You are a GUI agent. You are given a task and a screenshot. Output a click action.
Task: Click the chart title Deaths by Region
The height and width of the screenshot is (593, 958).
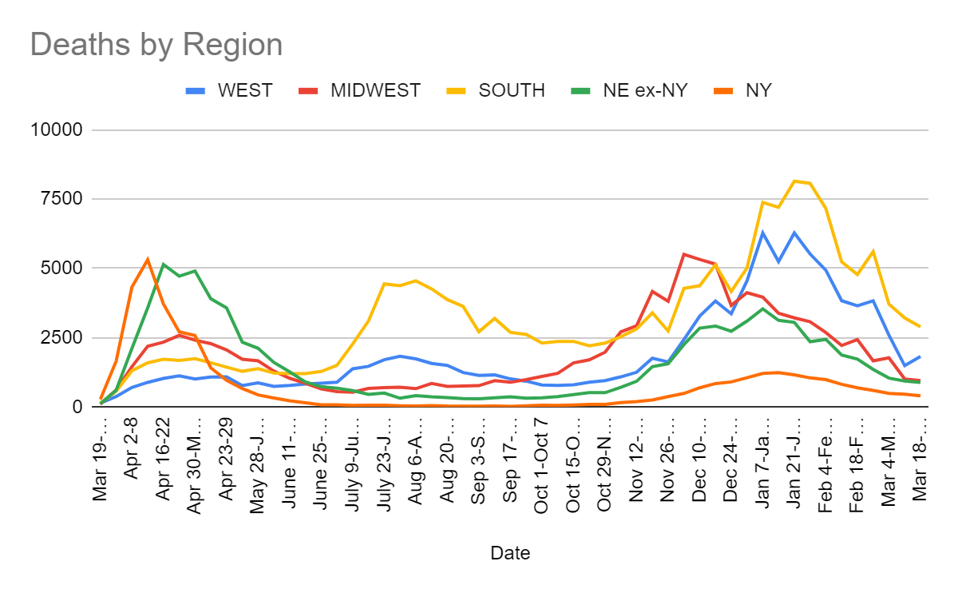pyautogui.click(x=156, y=44)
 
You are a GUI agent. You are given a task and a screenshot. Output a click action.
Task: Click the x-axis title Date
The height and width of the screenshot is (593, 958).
pyautogui.click(x=509, y=552)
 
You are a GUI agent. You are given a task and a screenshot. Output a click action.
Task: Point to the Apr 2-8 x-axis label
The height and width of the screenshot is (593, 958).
pyautogui.click(x=132, y=456)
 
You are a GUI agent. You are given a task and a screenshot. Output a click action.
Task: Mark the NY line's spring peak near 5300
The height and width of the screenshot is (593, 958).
pyautogui.click(x=148, y=259)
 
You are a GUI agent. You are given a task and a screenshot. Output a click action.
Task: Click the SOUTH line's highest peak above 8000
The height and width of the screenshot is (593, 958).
pyautogui.click(x=794, y=181)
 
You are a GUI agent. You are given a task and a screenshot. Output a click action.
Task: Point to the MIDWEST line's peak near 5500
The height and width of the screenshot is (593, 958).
pyautogui.click(x=684, y=254)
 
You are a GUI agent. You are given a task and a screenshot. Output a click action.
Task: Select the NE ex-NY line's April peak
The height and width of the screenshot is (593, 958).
pyautogui.click(x=164, y=265)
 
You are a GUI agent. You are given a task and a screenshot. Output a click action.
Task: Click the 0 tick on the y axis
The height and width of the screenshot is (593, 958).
pyautogui.click(x=84, y=407)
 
